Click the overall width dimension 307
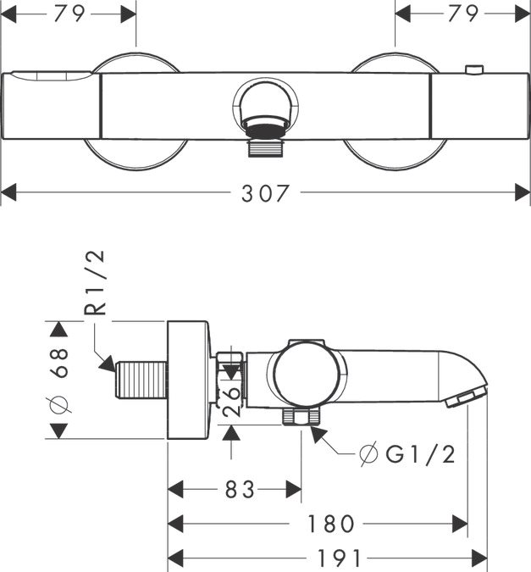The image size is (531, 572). point(265,193)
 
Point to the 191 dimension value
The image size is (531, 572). point(339,558)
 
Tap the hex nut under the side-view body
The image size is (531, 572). point(301,416)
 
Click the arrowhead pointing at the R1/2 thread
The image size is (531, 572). point(108,364)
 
